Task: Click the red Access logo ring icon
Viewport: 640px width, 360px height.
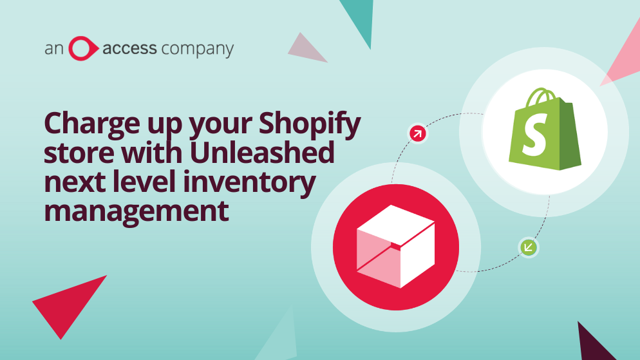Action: click(71, 48)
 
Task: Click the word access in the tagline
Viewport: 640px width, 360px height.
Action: click(129, 48)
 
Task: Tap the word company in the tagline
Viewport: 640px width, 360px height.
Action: click(198, 50)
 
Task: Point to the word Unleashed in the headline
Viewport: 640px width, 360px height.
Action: click(262, 152)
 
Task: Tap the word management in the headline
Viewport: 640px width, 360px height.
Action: click(136, 211)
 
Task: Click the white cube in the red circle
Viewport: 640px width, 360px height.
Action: click(395, 247)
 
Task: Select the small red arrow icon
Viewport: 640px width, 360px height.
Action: click(418, 133)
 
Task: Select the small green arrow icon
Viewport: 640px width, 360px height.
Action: click(529, 247)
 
